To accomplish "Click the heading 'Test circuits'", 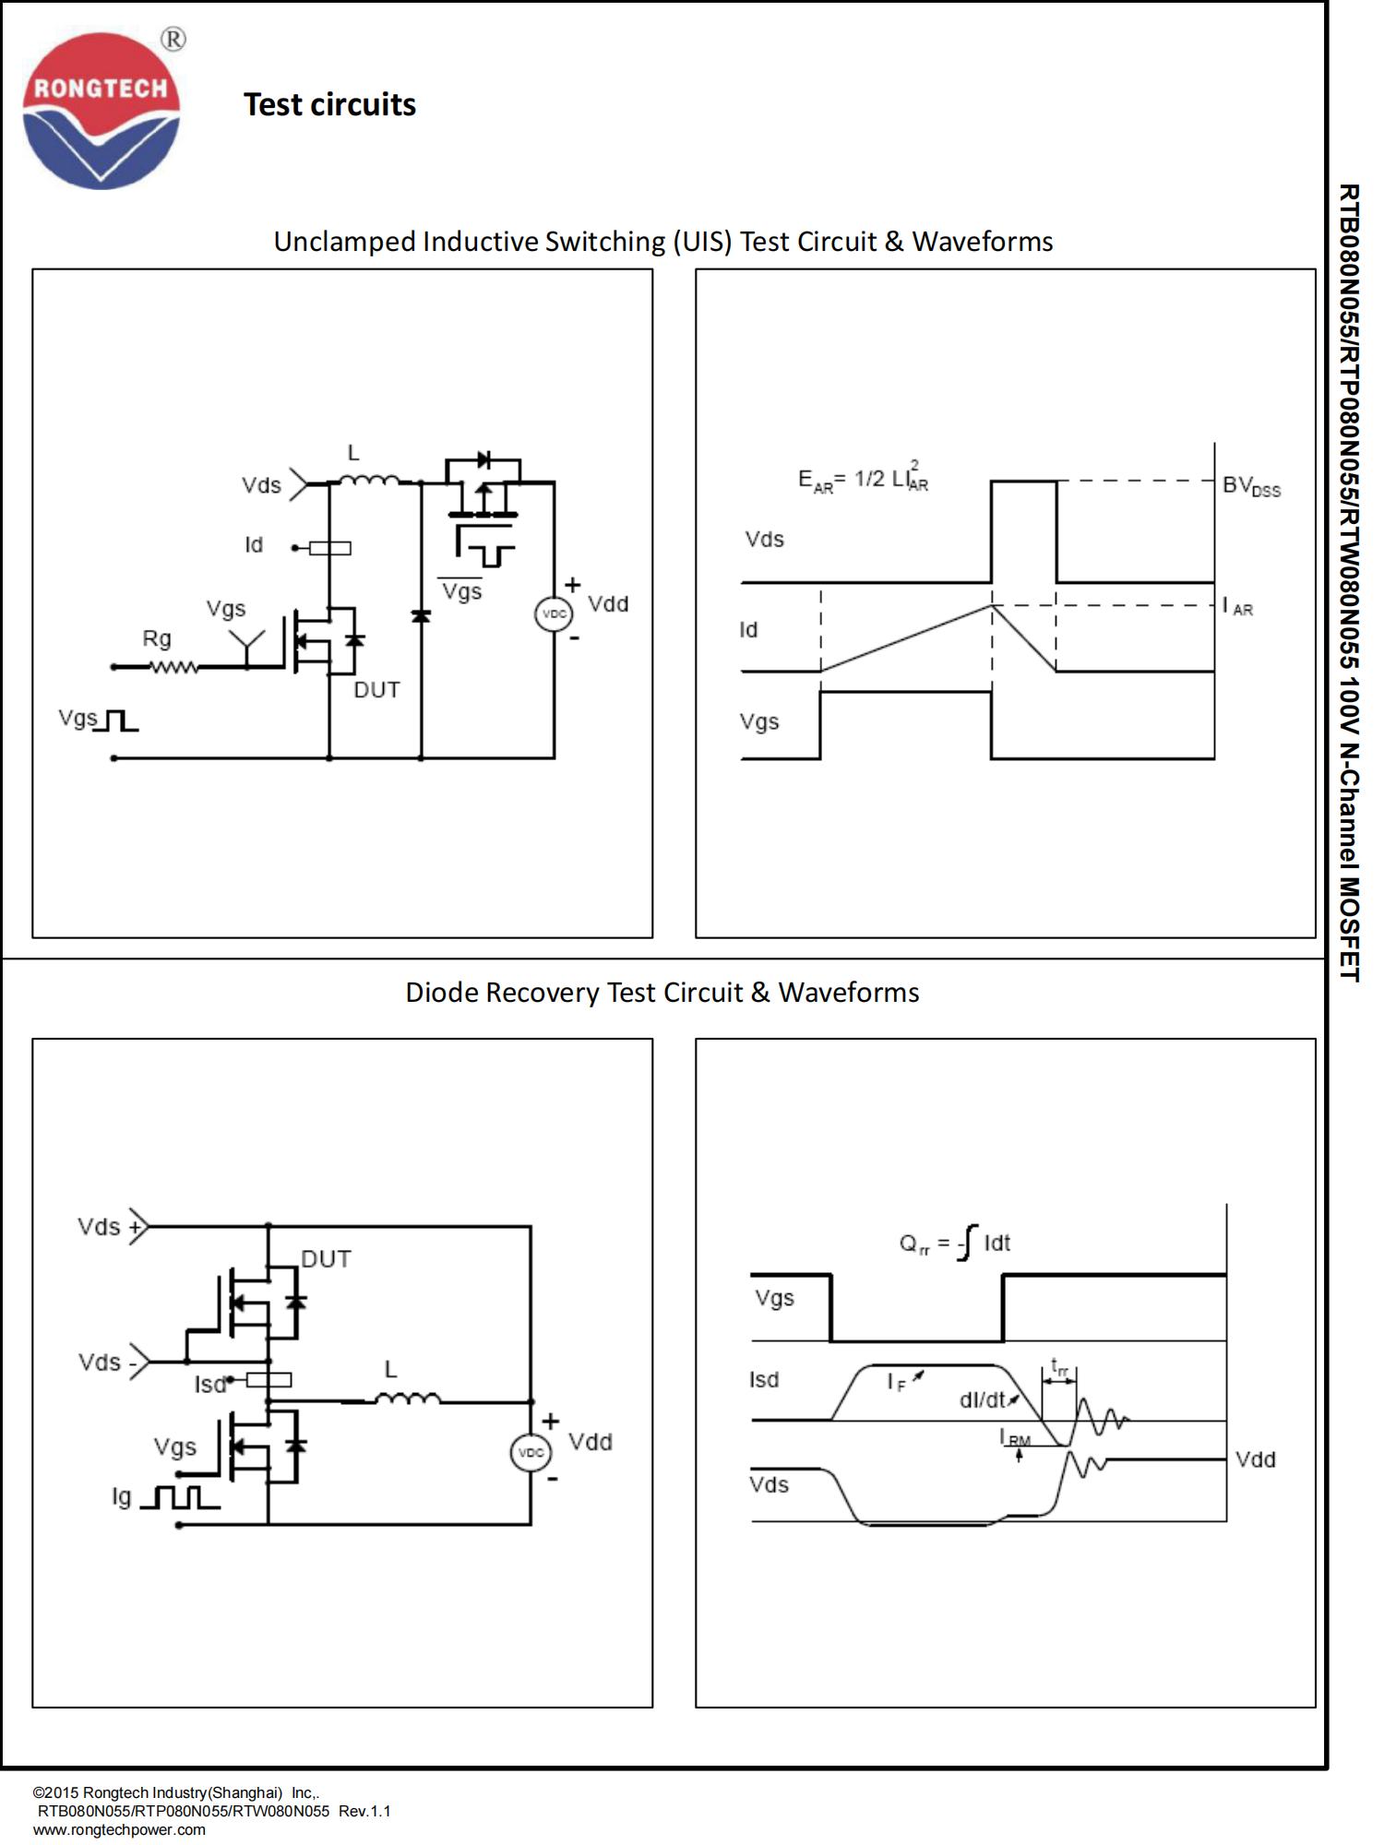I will click(x=329, y=105).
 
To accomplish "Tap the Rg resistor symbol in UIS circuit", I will click(x=173, y=666).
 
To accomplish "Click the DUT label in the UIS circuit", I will click(x=376, y=690).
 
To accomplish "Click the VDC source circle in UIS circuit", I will click(x=554, y=614).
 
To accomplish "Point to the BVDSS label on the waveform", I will click(x=1251, y=486).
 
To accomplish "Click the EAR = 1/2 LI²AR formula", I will click(x=863, y=478).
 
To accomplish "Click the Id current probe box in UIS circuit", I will click(x=329, y=548).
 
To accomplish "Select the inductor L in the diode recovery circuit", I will click(x=408, y=1400).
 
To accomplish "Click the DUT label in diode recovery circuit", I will click(x=326, y=1259).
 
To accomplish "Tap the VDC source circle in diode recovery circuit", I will click(x=531, y=1453).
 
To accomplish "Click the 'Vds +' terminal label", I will click(x=110, y=1227).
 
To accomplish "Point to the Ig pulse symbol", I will click(x=180, y=1496).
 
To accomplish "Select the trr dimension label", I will click(x=1059, y=1368).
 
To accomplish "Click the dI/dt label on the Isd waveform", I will click(x=984, y=1399).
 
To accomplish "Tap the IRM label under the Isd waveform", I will click(x=1015, y=1437).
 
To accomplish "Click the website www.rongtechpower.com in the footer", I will click(x=119, y=1829).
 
